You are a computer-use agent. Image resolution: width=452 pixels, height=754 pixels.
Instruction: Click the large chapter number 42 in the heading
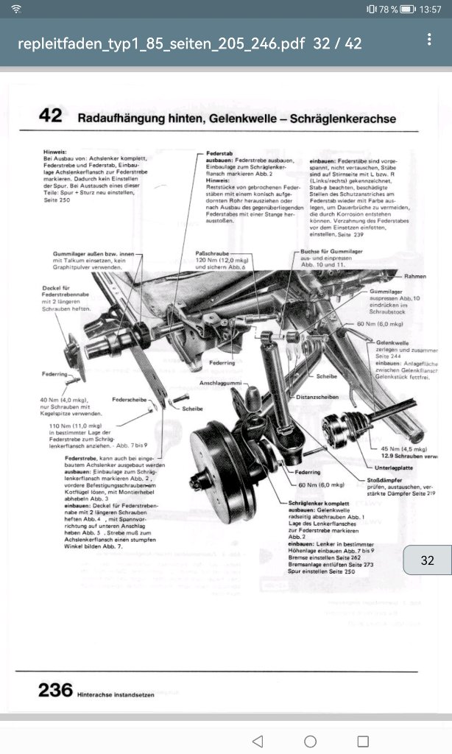click(x=50, y=116)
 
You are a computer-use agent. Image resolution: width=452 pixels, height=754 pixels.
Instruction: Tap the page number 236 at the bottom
click(x=55, y=689)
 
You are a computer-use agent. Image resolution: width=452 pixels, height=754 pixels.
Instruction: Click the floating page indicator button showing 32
click(x=427, y=560)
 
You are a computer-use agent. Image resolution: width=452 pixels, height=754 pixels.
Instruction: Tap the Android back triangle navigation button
click(x=257, y=740)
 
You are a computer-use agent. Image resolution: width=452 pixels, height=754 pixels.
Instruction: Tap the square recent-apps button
click(x=362, y=740)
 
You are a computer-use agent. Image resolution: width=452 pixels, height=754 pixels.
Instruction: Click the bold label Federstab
click(x=220, y=155)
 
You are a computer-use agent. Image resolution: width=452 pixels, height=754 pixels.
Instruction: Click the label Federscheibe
click(x=127, y=399)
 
